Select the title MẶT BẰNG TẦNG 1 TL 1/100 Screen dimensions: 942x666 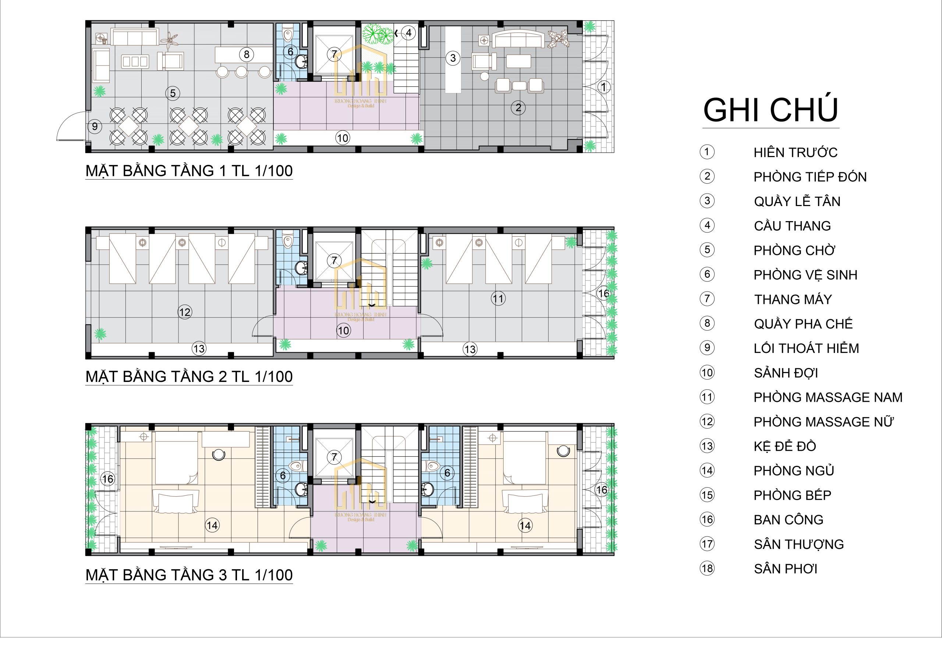click(x=189, y=171)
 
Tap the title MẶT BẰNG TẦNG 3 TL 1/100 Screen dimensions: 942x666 click(x=189, y=575)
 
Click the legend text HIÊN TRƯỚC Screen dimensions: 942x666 click(x=796, y=152)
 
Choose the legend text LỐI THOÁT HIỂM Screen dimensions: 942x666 click(x=806, y=348)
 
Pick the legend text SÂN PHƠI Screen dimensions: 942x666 click(x=786, y=569)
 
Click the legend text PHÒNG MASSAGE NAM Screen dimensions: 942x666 click(x=828, y=397)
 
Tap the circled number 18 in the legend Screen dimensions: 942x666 click(x=707, y=568)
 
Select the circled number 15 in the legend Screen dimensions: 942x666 click(x=707, y=495)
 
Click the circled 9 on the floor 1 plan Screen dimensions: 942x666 click(x=95, y=126)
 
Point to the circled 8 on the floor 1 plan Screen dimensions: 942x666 click(x=247, y=54)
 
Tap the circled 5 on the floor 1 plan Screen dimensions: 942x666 click(x=173, y=93)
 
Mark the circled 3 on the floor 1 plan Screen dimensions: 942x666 click(x=453, y=58)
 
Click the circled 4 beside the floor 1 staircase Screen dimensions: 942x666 click(x=409, y=33)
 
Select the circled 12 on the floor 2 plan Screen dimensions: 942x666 click(x=185, y=312)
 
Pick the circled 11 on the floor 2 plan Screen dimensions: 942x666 click(x=498, y=298)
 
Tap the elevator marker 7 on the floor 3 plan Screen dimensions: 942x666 click(x=334, y=457)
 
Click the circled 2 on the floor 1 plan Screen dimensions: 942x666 click(x=518, y=107)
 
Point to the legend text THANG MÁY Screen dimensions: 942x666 click(x=793, y=299)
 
